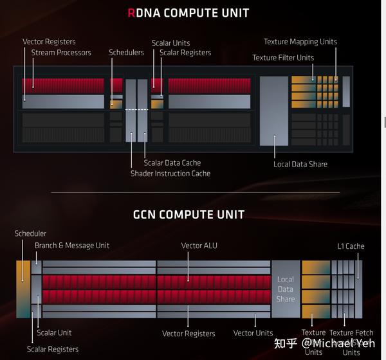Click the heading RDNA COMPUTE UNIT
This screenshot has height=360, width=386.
point(188,13)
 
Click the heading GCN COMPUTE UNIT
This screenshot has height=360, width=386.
point(188,214)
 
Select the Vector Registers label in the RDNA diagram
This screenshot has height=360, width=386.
point(49,42)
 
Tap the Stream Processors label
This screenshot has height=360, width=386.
point(61,53)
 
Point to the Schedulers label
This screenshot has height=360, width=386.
point(126,53)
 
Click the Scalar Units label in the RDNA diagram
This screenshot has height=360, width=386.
point(170,43)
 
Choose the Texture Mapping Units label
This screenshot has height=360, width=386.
point(300,42)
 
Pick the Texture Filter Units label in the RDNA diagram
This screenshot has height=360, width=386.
point(283,58)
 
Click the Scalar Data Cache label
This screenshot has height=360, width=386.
point(172,163)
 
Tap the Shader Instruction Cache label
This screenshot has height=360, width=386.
point(170,174)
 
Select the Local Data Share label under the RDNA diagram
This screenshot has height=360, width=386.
point(300,164)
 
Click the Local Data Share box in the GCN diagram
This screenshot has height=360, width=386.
point(285,289)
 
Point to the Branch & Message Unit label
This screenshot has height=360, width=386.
point(72,245)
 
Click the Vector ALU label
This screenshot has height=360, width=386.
point(199,246)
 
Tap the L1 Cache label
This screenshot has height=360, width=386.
point(351,246)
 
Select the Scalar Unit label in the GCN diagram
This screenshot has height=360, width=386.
point(54,333)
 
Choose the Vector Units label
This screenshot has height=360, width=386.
point(253,333)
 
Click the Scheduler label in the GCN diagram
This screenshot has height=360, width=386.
point(30,233)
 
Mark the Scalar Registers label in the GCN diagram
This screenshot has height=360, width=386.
point(53,349)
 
